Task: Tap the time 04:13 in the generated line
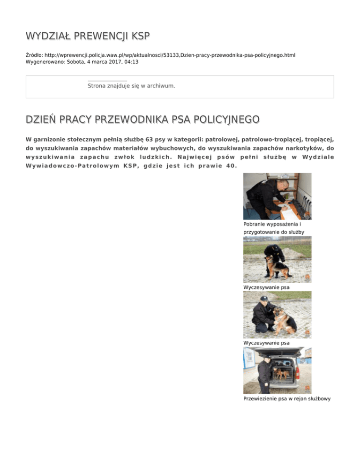click(x=131, y=61)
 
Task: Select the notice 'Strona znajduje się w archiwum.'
click(x=131, y=86)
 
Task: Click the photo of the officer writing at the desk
click(x=277, y=196)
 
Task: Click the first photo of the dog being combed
click(x=277, y=259)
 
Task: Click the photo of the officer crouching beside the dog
click(x=277, y=315)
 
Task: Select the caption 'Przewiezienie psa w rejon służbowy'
click(x=287, y=398)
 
